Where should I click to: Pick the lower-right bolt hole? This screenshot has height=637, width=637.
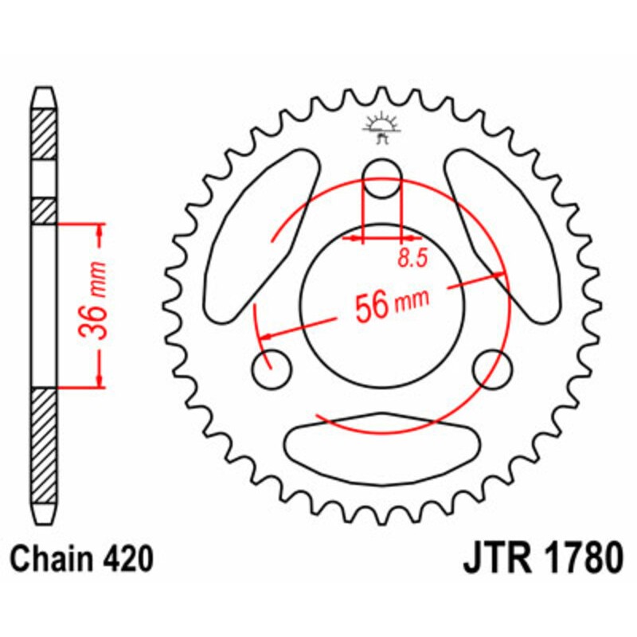(491, 369)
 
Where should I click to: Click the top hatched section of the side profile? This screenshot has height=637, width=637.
(45, 131)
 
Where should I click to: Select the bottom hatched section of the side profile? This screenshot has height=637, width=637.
(45, 446)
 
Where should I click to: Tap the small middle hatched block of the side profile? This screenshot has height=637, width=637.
(45, 210)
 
